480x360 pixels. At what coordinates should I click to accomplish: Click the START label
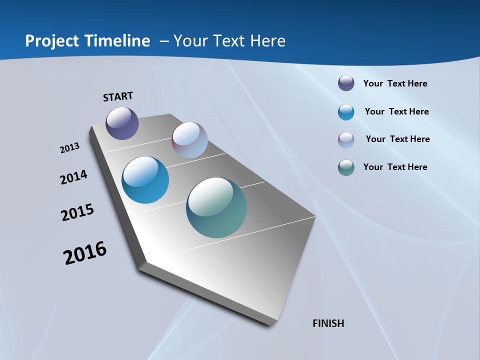(118, 96)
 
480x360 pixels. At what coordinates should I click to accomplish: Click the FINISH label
(328, 323)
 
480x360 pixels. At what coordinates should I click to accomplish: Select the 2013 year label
(69, 148)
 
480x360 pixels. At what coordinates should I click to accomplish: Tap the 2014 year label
(73, 177)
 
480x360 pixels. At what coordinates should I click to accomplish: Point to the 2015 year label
(77, 212)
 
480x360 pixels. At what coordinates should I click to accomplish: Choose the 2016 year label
(85, 253)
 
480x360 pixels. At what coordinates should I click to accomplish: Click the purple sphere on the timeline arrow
(122, 123)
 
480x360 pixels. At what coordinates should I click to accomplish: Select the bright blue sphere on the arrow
(145, 180)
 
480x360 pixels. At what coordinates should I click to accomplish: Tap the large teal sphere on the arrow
(216, 207)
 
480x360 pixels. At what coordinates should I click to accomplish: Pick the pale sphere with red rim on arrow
(189, 140)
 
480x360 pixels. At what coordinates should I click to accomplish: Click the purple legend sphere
(346, 83)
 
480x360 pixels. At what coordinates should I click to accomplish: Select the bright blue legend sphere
(346, 112)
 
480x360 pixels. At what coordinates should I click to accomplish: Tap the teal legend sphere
(346, 167)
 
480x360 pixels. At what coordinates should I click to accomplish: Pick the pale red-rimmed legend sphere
(346, 140)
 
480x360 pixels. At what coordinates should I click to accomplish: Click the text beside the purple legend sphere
(395, 83)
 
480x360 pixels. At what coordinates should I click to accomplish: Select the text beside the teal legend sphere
(395, 167)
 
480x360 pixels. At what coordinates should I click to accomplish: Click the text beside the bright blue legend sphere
(396, 111)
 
